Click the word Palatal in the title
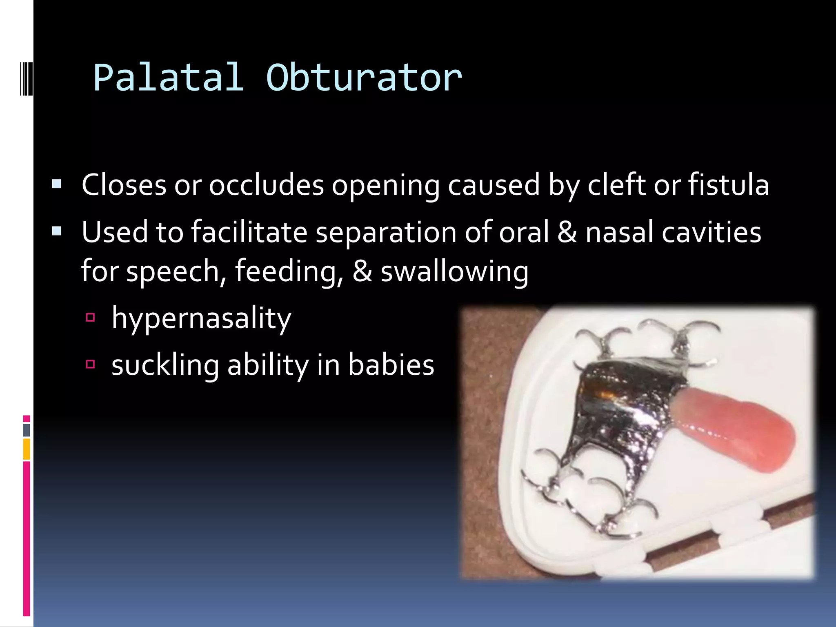coord(168,78)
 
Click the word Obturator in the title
coord(364,78)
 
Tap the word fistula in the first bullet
coord(728,185)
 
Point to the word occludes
coord(266,185)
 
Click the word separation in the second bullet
coord(386,232)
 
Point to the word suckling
coord(165,365)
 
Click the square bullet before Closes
coord(57,185)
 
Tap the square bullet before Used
coord(57,231)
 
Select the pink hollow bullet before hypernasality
coord(90,317)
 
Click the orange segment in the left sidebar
coord(27,449)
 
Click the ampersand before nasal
coord(567,232)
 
